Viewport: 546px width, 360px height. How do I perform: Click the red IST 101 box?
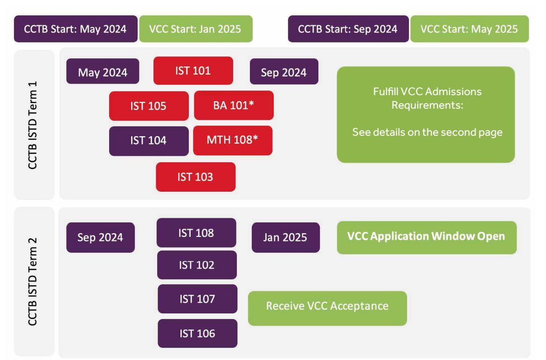(x=193, y=71)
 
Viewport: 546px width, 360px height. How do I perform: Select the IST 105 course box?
(x=149, y=106)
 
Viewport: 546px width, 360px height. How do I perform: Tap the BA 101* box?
(x=234, y=105)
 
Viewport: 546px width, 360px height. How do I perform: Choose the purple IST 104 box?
(x=149, y=141)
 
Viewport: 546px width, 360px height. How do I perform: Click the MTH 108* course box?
(x=233, y=140)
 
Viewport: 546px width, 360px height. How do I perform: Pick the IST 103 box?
(x=196, y=177)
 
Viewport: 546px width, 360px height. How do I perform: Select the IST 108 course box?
(x=196, y=233)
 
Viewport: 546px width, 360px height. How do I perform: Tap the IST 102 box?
(x=197, y=265)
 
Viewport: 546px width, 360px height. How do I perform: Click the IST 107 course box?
(x=197, y=299)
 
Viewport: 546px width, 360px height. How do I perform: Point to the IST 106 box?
(x=197, y=333)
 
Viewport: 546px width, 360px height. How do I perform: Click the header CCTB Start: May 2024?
(x=76, y=29)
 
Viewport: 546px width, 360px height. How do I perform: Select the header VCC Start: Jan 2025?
(x=196, y=29)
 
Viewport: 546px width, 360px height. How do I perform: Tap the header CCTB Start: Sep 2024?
(x=348, y=29)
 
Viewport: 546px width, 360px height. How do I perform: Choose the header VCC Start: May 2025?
(x=470, y=29)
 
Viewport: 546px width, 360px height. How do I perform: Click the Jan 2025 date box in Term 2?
(x=286, y=237)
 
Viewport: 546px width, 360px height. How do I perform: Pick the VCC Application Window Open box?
(x=427, y=237)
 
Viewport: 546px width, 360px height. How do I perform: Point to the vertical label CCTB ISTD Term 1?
(x=32, y=125)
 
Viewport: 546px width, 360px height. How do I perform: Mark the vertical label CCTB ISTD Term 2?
(x=32, y=282)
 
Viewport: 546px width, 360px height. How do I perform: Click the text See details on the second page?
(x=427, y=132)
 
